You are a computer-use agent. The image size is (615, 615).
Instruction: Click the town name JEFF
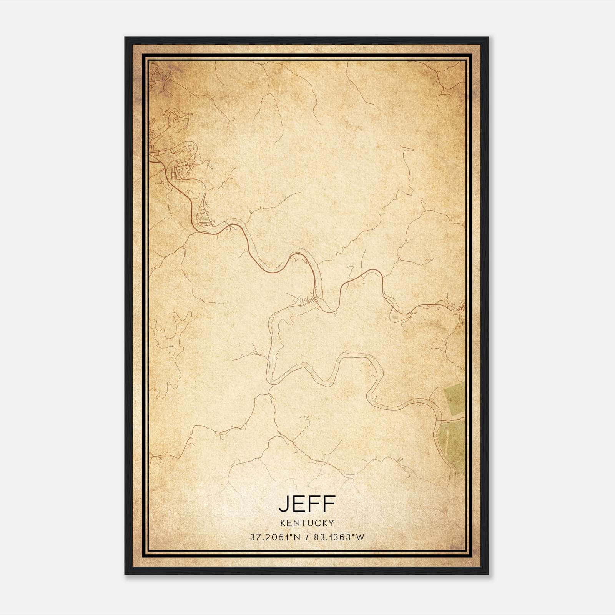pyautogui.click(x=307, y=504)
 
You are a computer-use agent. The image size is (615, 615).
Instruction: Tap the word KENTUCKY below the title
pyautogui.click(x=307, y=523)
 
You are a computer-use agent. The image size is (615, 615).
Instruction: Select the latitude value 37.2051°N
pyautogui.click(x=274, y=537)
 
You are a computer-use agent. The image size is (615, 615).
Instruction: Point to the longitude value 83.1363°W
pyautogui.click(x=339, y=537)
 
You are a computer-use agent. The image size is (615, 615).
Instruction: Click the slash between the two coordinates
pyautogui.click(x=306, y=537)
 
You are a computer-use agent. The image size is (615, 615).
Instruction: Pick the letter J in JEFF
pyautogui.click(x=284, y=504)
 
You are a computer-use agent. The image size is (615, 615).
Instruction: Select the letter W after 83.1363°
pyautogui.click(x=360, y=537)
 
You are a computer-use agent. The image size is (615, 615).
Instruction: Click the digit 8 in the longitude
pyautogui.click(x=316, y=537)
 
